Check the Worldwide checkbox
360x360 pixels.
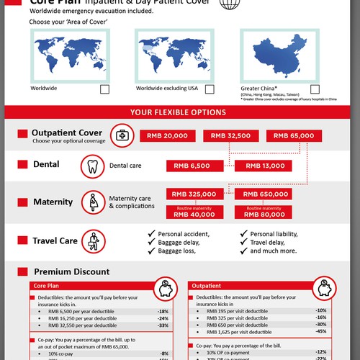tap(104, 89)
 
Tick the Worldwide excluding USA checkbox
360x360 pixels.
tap(210, 89)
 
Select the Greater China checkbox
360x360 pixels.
tap(315, 89)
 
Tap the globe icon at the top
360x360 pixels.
tap(230, 4)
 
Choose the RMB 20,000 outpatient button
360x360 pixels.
tap(166, 135)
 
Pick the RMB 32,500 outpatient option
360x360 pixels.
tap(229, 135)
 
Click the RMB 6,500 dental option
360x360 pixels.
tap(193, 166)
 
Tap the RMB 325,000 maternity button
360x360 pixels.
tap(193, 194)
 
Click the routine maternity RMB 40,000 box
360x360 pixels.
tap(193, 211)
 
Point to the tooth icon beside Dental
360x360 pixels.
tap(91, 166)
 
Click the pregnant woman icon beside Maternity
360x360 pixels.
tap(91, 202)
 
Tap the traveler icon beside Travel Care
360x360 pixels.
tap(91, 241)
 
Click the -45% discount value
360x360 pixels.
tap(320, 332)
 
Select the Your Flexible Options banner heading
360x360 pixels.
tap(180, 112)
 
